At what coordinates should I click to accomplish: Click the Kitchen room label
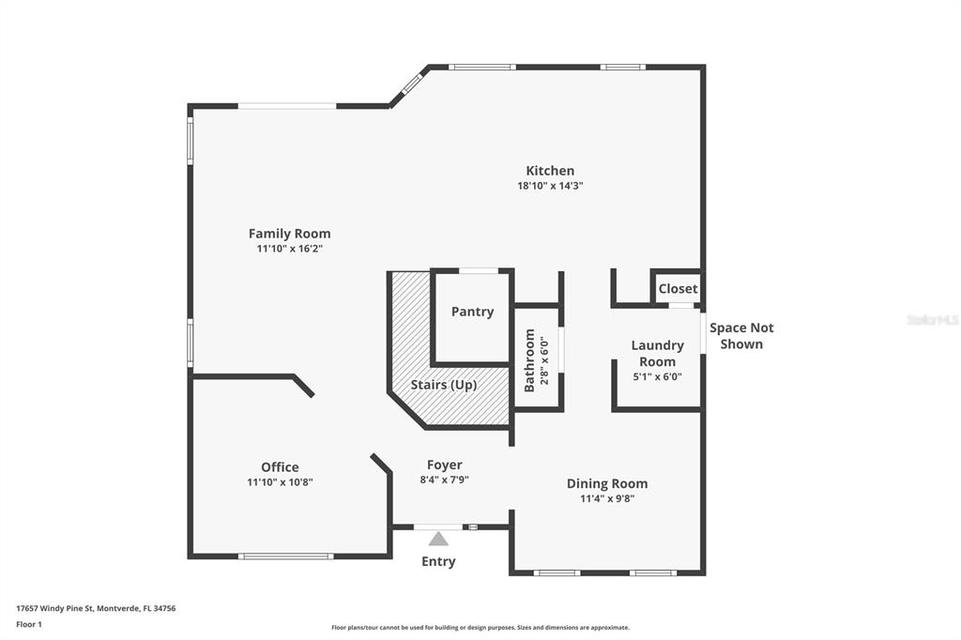550,171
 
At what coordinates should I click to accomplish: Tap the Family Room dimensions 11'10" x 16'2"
290,249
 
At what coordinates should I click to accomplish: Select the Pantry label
473,312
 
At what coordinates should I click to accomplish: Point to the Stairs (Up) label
444,385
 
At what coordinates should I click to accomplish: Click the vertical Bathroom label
529,360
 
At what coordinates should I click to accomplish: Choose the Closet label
678,289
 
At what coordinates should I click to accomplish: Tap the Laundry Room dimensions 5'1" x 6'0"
658,377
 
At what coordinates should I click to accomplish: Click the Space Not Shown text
741,336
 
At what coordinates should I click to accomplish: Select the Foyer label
444,465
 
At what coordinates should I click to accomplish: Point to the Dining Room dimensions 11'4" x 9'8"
607,499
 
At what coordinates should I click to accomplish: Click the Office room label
280,467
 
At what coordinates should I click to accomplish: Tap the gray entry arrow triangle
438,539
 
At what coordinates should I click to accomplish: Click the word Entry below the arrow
438,561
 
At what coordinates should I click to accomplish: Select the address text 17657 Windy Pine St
54,609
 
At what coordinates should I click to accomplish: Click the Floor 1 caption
29,625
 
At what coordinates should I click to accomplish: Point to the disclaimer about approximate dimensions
480,628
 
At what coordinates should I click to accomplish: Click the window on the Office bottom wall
286,556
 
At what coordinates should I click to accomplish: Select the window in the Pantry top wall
479,271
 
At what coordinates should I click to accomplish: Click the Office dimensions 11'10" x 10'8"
280,482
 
